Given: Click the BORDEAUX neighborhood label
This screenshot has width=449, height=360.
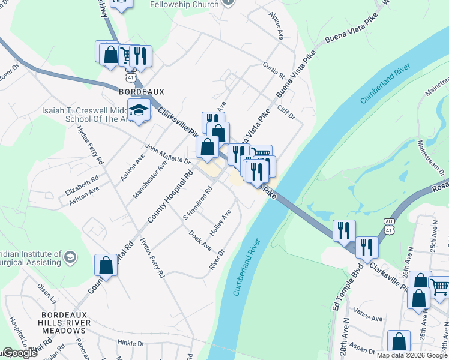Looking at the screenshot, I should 141,91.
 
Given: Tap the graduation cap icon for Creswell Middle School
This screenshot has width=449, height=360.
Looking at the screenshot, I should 139,110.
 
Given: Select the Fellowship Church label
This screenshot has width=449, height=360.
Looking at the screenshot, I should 184,5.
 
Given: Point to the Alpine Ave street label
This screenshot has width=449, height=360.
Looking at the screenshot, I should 276,25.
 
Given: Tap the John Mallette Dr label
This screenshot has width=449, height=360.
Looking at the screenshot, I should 167,153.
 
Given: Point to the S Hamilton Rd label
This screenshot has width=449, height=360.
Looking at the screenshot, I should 198,203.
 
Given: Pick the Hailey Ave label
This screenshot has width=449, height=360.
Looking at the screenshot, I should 220,223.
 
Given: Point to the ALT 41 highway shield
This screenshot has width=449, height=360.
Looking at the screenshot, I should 390,226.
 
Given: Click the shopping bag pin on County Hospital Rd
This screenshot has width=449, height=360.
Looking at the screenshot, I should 106,265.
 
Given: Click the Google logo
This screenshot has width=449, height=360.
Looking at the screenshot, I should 20,353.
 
